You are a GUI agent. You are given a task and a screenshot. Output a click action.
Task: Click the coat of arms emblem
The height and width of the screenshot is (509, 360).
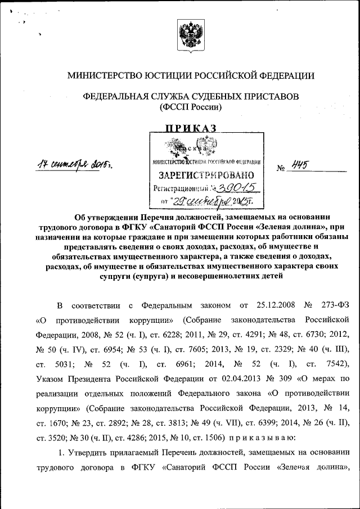[x=190, y=35]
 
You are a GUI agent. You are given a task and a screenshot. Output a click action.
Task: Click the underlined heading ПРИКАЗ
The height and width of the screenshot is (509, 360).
[x=190, y=129]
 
